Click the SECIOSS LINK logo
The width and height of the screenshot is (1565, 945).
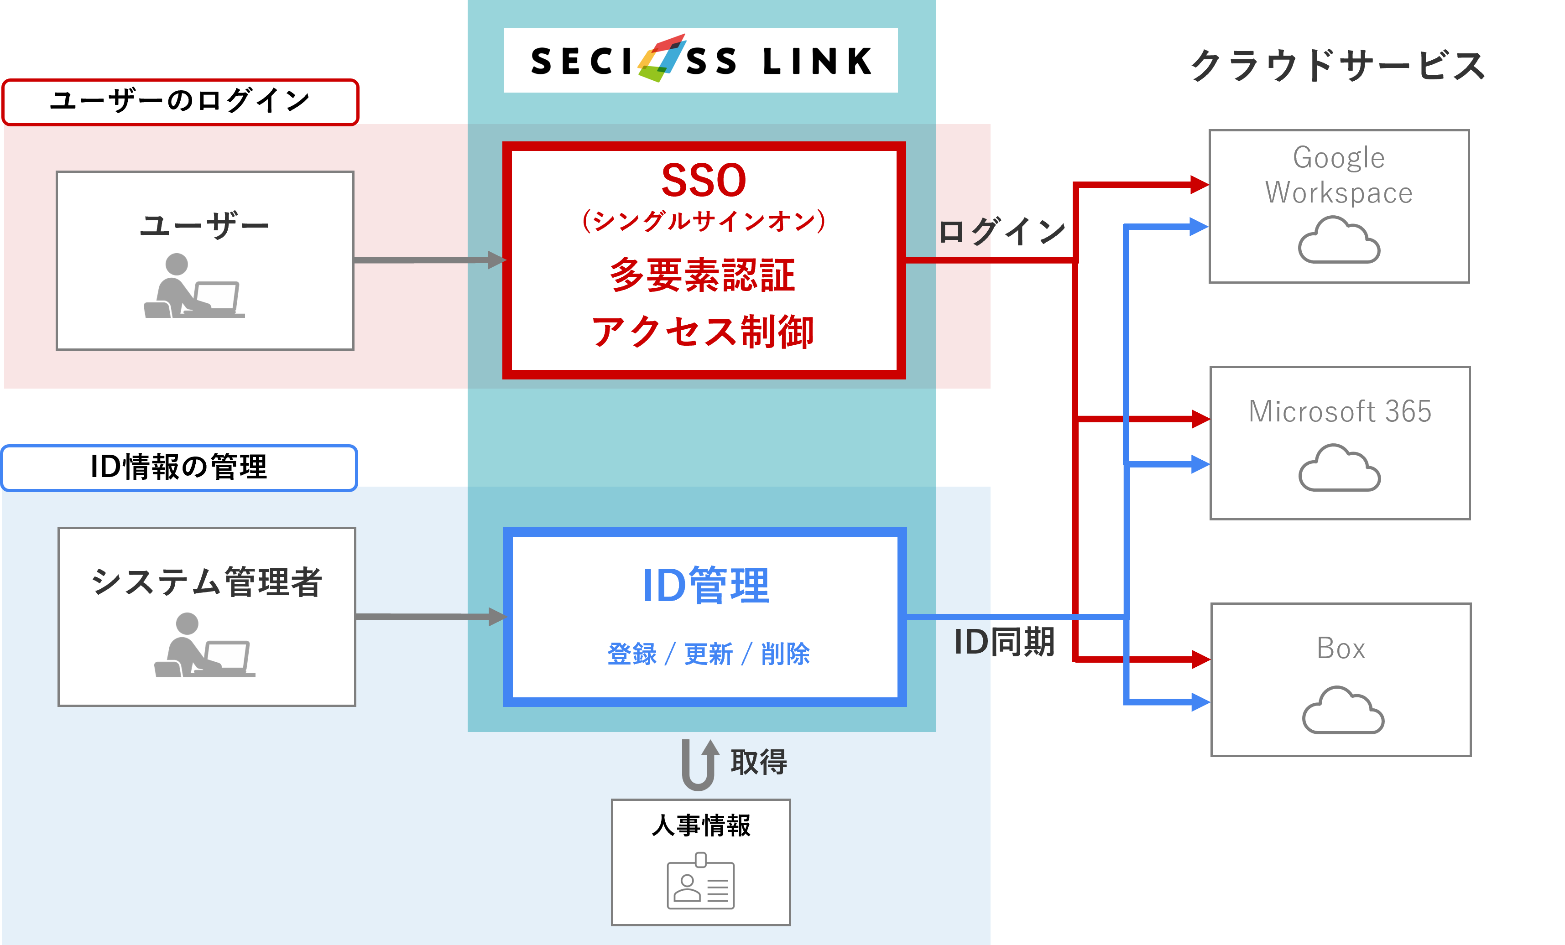tap(700, 60)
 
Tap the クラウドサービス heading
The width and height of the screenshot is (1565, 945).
tap(1337, 66)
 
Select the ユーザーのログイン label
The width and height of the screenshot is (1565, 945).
tap(180, 101)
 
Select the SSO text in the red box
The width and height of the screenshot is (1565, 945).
tap(704, 180)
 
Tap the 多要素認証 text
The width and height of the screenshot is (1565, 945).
tap(703, 275)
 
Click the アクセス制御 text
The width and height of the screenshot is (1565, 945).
tap(703, 332)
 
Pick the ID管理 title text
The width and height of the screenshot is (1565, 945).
tap(706, 586)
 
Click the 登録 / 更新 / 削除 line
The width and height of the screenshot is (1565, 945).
tap(708, 654)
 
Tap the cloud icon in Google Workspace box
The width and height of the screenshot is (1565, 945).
tap(1339, 241)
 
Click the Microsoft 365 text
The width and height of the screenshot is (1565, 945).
tap(1340, 411)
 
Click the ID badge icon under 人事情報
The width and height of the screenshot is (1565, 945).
tap(700, 883)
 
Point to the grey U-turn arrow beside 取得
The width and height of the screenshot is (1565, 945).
tap(700, 765)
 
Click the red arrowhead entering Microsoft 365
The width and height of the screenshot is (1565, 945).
tap(1200, 419)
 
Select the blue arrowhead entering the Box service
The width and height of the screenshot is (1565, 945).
tap(1200, 702)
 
